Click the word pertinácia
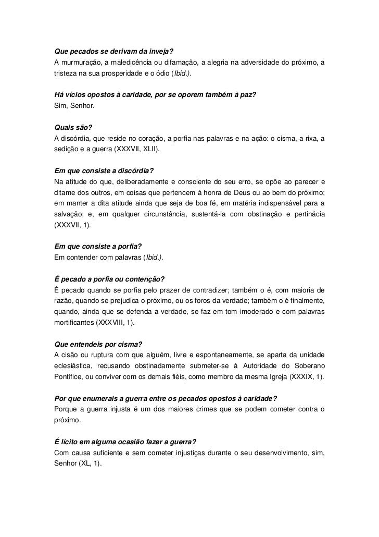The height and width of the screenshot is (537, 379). point(306,214)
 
